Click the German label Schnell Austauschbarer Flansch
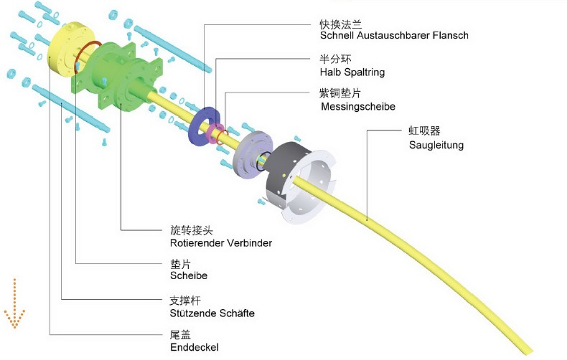(x=395, y=35)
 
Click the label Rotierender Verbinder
(x=216, y=243)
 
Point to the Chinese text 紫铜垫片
(x=342, y=93)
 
